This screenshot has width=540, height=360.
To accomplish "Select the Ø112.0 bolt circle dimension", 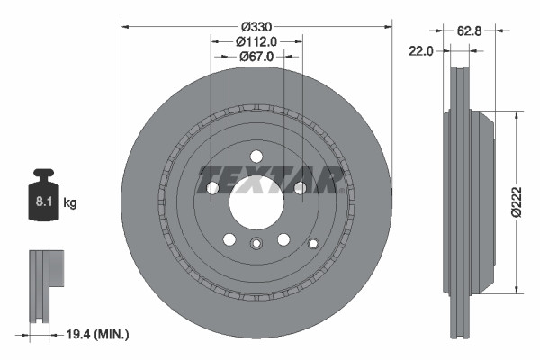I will (256, 40).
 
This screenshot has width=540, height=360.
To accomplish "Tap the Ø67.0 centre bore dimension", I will (256, 57).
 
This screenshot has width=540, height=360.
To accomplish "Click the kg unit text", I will (70, 203).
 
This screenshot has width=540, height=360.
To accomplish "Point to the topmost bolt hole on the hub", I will (256, 155).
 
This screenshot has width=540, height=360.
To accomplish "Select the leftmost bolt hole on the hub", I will (213, 187).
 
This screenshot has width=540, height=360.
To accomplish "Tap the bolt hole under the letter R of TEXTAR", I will (300, 187).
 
